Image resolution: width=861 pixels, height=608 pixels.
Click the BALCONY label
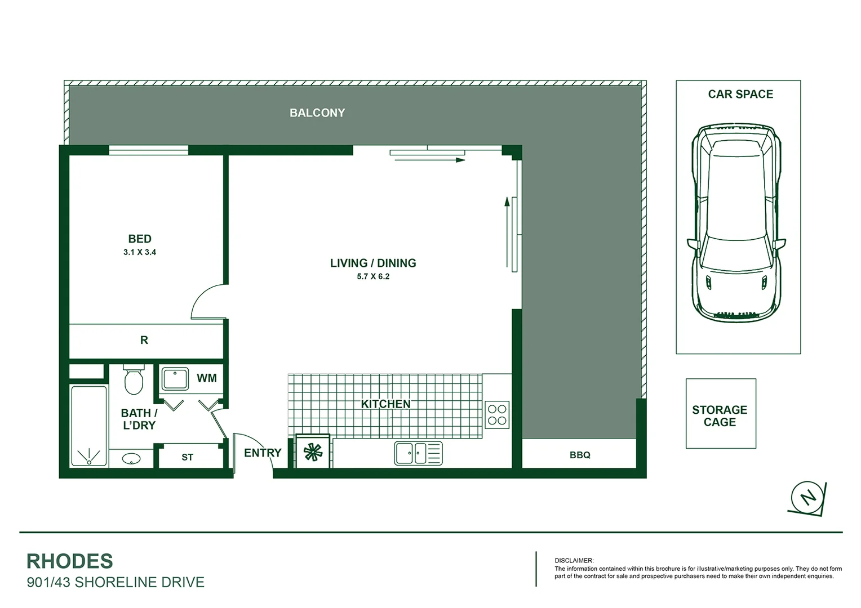[317, 113]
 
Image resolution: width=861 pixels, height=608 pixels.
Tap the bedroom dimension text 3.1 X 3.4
[140, 252]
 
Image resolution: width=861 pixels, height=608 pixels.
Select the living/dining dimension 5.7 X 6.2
[373, 276]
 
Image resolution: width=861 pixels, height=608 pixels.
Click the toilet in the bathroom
[134, 380]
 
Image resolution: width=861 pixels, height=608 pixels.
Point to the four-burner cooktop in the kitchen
[497, 415]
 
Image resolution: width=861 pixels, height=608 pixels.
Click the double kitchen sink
[418, 453]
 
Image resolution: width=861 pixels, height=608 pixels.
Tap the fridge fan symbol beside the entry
[313, 452]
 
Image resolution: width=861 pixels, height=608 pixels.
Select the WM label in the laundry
[206, 378]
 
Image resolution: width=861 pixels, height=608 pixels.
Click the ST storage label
[187, 457]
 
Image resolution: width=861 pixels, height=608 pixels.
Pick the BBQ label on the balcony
[580, 455]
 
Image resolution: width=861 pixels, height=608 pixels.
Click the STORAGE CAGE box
[720, 414]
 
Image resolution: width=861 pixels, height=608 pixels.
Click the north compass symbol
[808, 497]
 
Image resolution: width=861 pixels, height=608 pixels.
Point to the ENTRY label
[263, 453]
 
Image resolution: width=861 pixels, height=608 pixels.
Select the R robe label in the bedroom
[144, 340]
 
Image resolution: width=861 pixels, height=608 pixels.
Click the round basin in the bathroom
[131, 459]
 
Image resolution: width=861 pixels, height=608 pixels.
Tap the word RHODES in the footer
[70, 561]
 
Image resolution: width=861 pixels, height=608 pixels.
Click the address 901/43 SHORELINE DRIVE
[116, 582]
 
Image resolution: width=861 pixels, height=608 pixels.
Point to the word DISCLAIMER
[574, 561]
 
